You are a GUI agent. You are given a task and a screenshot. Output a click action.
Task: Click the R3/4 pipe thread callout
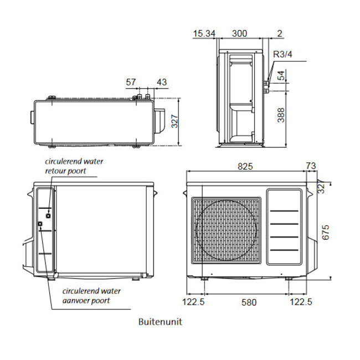click(284, 54)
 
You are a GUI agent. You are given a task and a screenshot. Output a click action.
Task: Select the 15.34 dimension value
click(204, 34)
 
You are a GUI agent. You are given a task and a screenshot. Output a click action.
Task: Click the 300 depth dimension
click(239, 34)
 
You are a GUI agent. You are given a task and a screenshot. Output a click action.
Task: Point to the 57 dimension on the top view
click(131, 82)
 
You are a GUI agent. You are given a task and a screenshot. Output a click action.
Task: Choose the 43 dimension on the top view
click(162, 82)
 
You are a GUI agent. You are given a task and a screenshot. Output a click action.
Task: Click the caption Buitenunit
click(160, 322)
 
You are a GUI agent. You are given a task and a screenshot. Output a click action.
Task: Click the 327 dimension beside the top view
click(175, 122)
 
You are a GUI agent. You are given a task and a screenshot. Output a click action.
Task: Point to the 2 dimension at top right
click(280, 34)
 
